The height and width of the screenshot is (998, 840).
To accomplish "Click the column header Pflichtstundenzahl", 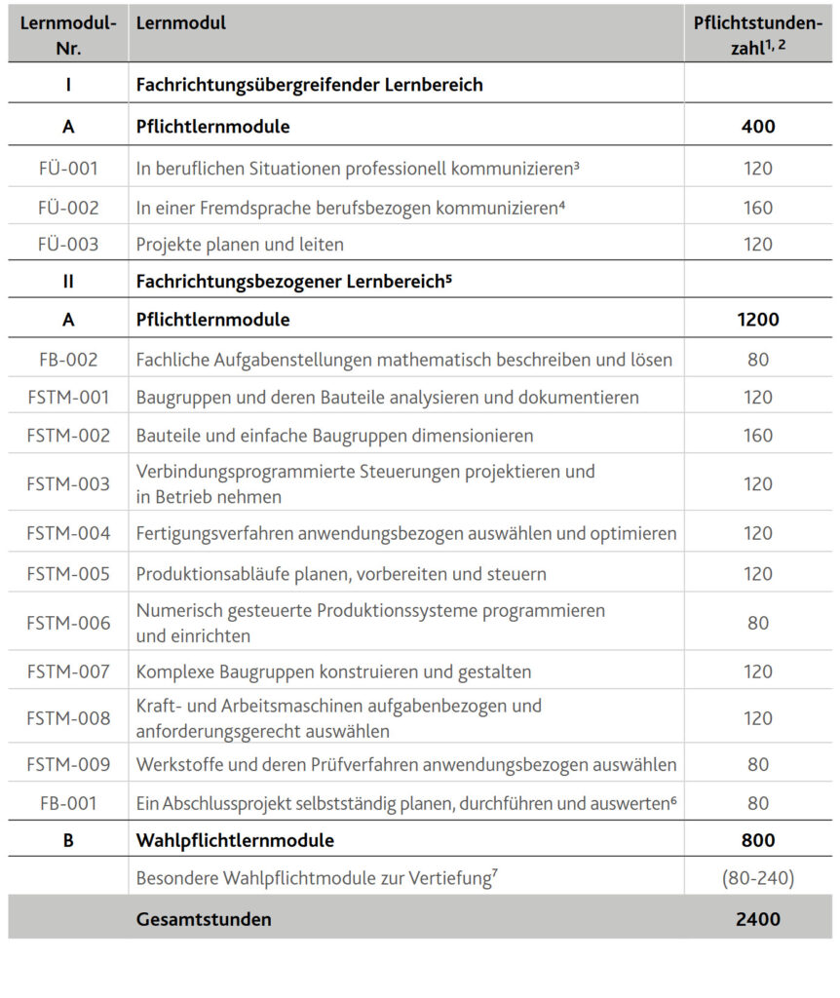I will pos(757,34).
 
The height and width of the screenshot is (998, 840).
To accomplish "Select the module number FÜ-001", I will pos(68,168).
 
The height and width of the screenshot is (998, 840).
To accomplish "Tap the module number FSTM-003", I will pos(68,483).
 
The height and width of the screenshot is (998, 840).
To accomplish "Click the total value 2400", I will pos(758,918).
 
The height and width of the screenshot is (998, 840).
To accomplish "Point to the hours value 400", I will pos(758,126).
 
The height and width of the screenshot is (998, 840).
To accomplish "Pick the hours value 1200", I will pos(758,319).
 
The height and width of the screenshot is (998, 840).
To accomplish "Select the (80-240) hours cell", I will pos(758,879).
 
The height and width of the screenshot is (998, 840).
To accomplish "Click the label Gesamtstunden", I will pos(204,918).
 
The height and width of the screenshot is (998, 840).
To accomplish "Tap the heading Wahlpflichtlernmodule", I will pos(235,840).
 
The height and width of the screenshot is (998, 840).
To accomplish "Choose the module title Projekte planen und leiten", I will pos(240,244).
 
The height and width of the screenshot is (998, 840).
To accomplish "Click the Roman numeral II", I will pos(68,282).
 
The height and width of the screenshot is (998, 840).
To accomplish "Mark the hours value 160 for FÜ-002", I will pos(758,207).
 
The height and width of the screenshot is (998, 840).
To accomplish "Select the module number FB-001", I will pos(68,803).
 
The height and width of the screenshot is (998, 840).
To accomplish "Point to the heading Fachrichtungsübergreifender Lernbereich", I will pos(310,85).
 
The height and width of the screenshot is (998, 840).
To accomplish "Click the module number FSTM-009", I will pos(68,764).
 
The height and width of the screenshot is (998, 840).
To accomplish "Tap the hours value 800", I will pos(758,840).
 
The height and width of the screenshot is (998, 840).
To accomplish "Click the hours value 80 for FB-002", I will pos(758,360).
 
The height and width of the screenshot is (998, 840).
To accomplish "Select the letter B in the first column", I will pos(68,840).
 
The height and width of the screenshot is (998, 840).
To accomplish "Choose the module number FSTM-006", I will pos(68,623).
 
